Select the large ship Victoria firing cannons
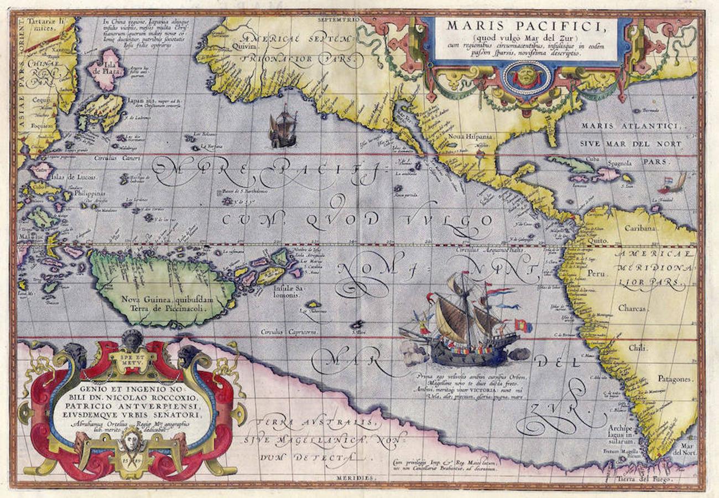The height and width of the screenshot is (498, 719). pyautogui.click(x=465, y=326)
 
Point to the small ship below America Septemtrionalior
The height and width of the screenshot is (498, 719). pyautogui.click(x=283, y=128)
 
